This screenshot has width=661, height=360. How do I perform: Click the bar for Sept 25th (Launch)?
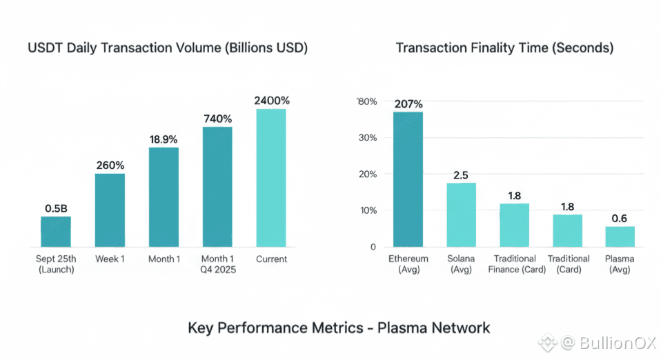55,231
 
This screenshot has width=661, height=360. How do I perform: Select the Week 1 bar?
110,210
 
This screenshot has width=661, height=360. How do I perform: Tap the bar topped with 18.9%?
164,197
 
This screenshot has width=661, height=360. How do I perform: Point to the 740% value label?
217,118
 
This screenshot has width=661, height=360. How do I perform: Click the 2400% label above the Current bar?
272,100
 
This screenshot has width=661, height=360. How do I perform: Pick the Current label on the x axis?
271,259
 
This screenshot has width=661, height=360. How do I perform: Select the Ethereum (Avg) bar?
408,179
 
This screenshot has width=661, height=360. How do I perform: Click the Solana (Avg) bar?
461,214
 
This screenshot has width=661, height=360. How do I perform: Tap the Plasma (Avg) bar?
620,236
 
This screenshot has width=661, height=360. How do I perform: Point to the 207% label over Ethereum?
408,104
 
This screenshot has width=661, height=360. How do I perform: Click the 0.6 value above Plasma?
620,218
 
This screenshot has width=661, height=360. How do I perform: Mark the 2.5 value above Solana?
461,174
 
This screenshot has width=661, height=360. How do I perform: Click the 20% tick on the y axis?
367,174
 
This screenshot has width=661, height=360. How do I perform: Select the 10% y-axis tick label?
367,210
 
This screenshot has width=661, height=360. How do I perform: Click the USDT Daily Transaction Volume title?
167,48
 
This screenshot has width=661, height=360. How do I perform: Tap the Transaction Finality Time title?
504,48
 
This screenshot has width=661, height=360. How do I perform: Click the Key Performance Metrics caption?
339,327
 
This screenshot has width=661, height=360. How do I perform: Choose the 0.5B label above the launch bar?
56,208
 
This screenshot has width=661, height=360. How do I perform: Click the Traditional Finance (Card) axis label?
513,264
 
